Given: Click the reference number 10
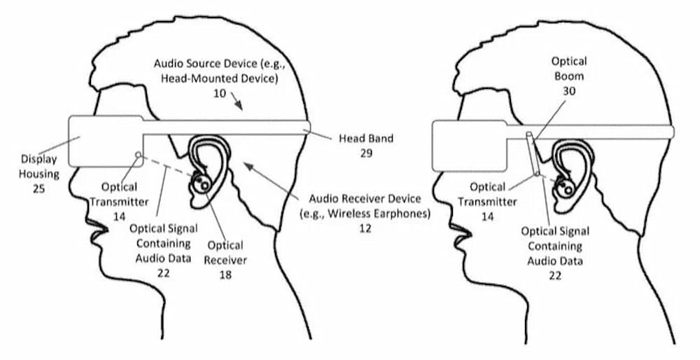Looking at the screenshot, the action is point(219,95).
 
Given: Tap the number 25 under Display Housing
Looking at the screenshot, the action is point(38,188).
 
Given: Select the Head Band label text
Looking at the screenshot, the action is point(366,139).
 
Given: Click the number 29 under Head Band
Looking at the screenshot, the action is point(366,153).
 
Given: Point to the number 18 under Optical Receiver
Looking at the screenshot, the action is point(225,275).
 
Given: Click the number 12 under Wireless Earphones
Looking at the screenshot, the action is point(365,228).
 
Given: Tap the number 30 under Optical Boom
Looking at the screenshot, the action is point(569,91).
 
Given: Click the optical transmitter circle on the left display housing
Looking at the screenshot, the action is point(138,155).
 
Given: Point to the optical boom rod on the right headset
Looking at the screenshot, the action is point(533,153).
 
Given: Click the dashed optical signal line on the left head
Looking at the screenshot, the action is point(167,166).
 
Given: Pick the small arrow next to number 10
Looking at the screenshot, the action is point(237,102).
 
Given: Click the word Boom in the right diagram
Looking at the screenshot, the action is point(568,76).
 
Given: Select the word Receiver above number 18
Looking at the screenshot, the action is point(225,260).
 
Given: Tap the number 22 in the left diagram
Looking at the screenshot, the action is point(163,273).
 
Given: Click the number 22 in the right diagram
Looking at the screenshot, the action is point(555,275).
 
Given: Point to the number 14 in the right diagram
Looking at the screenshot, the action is point(487,216).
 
